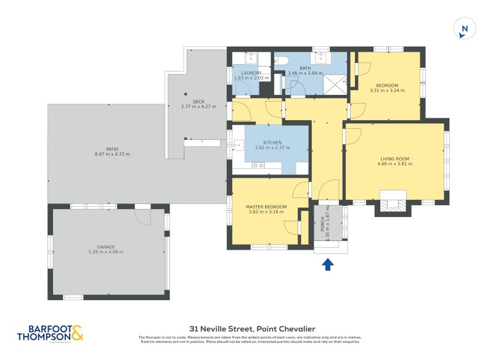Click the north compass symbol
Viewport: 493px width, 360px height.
465,29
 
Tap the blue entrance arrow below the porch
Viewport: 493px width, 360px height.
328,264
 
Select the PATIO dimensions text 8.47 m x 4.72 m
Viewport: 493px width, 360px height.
112,154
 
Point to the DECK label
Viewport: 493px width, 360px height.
198,102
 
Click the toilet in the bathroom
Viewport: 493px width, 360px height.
280,60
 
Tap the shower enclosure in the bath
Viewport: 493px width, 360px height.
336,83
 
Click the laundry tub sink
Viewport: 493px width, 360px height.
251,58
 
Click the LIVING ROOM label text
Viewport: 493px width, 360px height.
394,159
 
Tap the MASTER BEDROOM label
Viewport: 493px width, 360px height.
266,207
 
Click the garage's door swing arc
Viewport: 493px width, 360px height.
143,217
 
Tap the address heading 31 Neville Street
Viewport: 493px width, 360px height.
250,329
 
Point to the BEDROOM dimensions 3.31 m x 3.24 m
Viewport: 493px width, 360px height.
388,91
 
